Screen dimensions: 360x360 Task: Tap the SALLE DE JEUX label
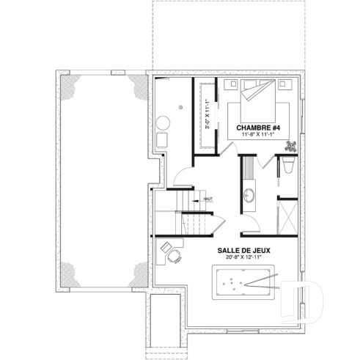(244, 250)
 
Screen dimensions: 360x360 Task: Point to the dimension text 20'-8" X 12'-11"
(244, 258)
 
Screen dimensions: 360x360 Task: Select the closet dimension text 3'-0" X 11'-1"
(207, 114)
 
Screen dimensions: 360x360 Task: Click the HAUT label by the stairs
(208, 199)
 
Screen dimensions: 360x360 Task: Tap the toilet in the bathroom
(288, 167)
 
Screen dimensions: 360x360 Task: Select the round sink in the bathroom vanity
(249, 196)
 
